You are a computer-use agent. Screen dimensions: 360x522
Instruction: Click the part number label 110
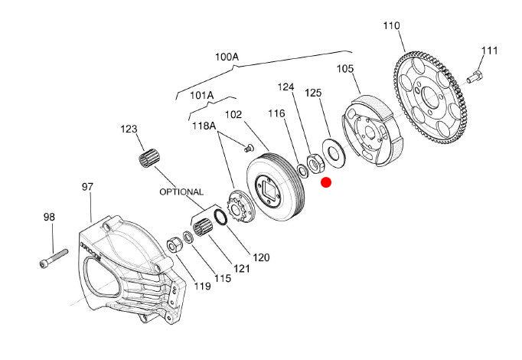point(391,26)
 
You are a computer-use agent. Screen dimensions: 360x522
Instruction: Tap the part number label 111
point(490,51)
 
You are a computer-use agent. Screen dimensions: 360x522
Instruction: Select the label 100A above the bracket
point(227,57)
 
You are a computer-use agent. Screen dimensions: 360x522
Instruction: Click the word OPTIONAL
point(181,191)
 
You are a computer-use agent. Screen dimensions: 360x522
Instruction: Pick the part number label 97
point(87,186)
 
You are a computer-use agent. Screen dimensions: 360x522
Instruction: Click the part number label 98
point(49,218)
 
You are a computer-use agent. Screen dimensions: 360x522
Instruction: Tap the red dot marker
point(326,182)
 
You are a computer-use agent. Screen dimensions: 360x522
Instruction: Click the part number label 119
point(202,286)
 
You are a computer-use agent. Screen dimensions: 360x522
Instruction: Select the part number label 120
point(261,257)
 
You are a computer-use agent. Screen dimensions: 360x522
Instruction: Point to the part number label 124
point(285,87)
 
